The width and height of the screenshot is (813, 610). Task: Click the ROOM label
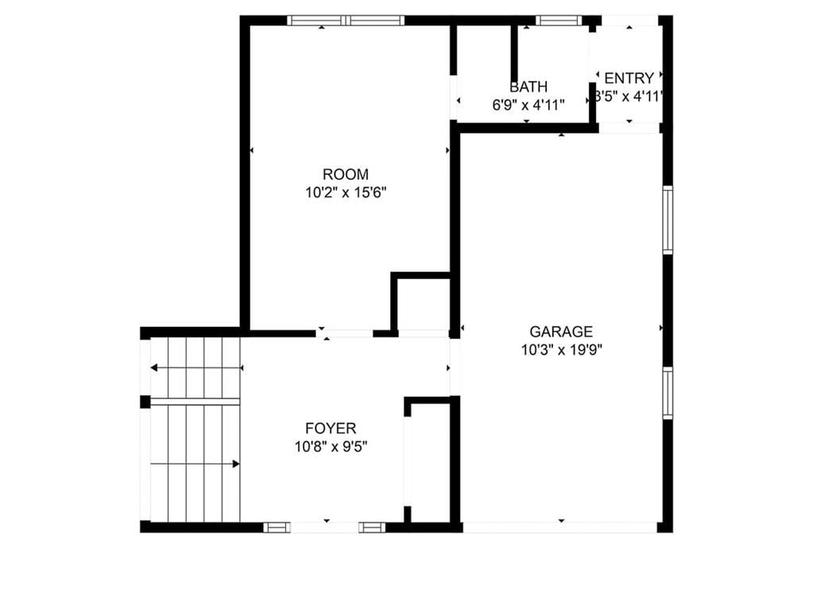click(x=346, y=174)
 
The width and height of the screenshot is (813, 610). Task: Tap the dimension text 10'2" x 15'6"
click(x=346, y=193)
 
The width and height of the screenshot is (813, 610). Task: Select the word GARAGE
click(x=561, y=332)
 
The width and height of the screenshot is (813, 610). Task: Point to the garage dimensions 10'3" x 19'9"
click(x=562, y=350)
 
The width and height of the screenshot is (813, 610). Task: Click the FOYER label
click(x=331, y=429)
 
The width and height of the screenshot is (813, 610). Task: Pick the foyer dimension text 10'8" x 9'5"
click(x=331, y=447)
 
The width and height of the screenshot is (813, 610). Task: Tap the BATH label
click(x=528, y=87)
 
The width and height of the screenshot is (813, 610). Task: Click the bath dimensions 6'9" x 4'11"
click(x=528, y=105)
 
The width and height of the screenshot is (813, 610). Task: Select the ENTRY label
click(x=629, y=78)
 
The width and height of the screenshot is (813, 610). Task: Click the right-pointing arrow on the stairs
click(x=195, y=464)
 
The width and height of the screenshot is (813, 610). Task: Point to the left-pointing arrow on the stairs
click(x=196, y=367)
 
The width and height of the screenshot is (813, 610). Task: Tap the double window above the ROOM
click(x=346, y=21)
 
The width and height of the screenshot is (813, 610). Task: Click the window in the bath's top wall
click(x=559, y=21)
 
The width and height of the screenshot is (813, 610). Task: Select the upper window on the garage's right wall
click(x=668, y=220)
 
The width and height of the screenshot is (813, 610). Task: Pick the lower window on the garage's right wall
click(x=668, y=393)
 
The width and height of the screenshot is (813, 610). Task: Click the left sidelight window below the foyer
click(x=277, y=527)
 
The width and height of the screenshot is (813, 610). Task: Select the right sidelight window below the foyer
click(x=372, y=527)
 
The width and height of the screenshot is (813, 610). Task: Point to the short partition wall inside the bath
click(x=514, y=52)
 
